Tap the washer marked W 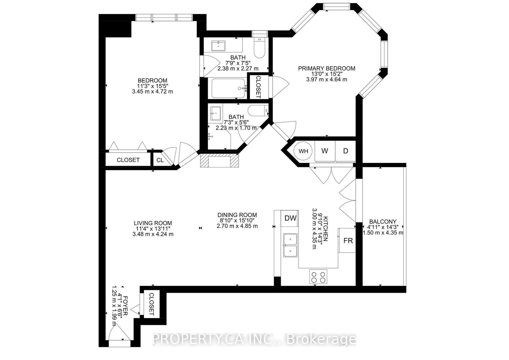coord(325,151)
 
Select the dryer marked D coord(345,151)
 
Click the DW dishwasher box coord(290,219)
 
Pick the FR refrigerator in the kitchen coord(347,241)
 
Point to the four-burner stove coord(318,277)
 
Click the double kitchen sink coord(290,245)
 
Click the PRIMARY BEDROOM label coord(327,69)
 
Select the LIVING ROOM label coord(153,223)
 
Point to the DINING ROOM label coord(237,215)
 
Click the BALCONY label coord(383,221)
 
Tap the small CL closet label coord(160,160)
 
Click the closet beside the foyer coord(151,304)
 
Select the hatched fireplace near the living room coord(219,160)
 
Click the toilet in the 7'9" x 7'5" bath coord(259,48)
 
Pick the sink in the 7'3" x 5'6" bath coord(215,113)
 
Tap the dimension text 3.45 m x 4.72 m coord(152,92)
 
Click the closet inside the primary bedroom coord(258,87)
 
